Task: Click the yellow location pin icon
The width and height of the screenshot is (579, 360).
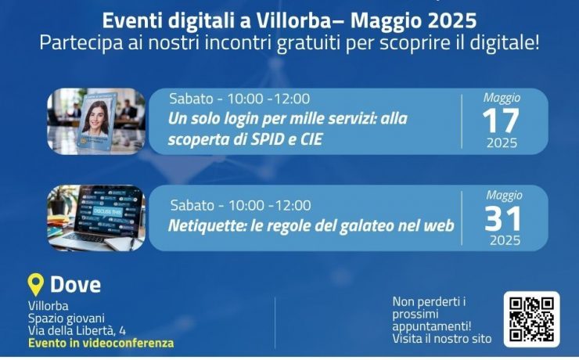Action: pos(36,284)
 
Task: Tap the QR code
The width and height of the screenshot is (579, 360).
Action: pos(532,319)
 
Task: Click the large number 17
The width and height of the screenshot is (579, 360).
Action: pos(501,121)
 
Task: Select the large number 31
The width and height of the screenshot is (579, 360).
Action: pos(503,218)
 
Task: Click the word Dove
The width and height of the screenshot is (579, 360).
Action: pos(75,285)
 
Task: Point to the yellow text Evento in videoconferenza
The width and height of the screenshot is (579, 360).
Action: pos(101,343)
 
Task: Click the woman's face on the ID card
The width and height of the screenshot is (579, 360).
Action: pos(96,114)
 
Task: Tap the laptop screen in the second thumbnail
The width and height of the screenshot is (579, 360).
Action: pos(108,212)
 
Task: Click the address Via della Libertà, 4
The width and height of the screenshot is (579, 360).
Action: pos(77,330)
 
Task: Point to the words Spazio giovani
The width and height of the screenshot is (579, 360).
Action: pos(67,319)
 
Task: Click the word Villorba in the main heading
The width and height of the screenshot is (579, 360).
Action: pos(294,20)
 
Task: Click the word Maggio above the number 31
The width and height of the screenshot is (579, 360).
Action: pos(504,195)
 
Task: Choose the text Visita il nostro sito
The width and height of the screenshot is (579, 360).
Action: pos(442,339)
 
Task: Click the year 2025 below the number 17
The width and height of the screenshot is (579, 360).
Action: pos(502,143)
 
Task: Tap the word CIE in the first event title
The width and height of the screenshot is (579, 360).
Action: pos(312,139)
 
